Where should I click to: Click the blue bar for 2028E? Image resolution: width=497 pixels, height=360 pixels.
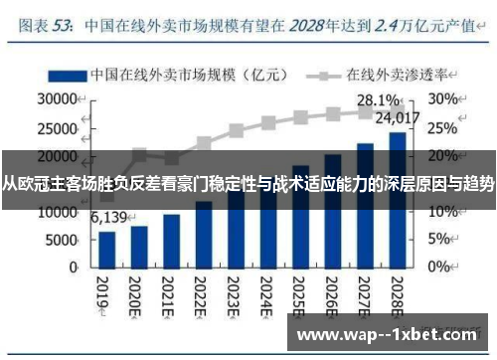397,200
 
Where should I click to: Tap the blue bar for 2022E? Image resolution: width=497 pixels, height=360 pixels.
203,235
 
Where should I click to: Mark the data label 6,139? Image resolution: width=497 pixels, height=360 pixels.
110,218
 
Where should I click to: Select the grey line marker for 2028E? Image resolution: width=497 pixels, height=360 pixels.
397,110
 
